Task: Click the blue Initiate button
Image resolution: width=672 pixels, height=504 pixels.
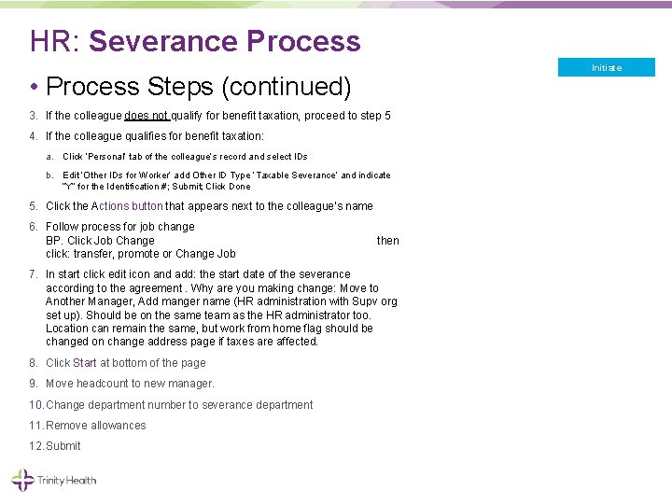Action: pos(607,67)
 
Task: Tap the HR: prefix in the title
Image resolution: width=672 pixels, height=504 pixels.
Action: pos(56,41)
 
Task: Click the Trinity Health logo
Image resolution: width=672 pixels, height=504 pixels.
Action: pos(54,481)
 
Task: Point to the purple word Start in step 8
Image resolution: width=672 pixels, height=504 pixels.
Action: pos(85,363)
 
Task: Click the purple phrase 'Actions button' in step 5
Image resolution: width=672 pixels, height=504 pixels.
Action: pos(127,206)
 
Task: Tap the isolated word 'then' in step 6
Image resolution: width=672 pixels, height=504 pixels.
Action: pos(387,241)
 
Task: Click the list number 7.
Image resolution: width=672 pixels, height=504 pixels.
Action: pos(34,274)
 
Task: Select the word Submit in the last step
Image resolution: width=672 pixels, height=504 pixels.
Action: pos(63,446)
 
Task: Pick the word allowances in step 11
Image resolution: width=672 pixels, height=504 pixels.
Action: pos(118,426)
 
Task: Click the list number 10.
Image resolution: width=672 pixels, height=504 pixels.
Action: pos(36,405)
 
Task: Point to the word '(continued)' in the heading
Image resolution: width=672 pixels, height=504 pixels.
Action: pos(286,87)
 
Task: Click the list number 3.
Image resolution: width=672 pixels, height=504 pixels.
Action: pos(34,116)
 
